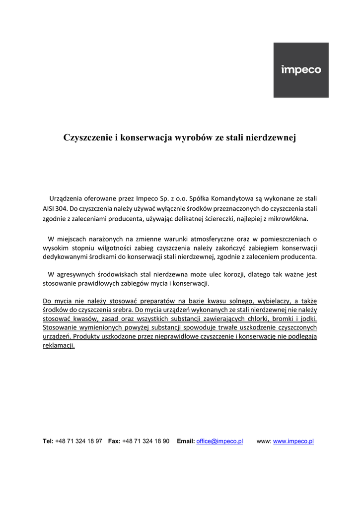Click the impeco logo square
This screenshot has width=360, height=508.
click(301, 70)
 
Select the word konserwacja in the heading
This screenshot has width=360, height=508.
click(144, 137)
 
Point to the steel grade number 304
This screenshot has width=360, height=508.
click(68, 208)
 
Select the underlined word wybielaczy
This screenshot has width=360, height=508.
click(275, 301)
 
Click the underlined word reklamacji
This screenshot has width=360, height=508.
click(59, 346)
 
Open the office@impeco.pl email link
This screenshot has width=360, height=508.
click(219, 441)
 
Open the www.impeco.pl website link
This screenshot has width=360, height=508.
click(293, 441)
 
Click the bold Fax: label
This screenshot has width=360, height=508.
click(114, 441)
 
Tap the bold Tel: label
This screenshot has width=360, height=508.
click(48, 441)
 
